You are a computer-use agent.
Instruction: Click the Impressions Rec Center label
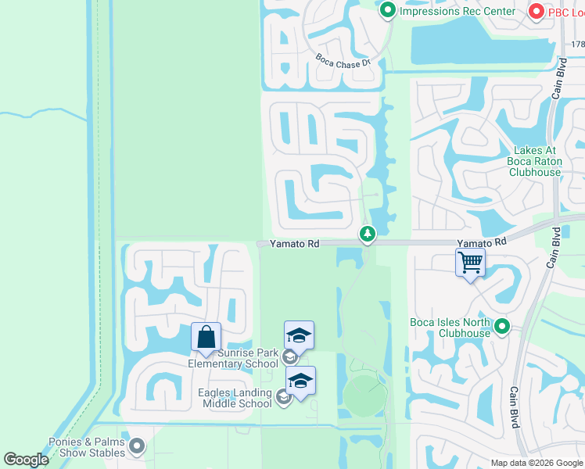pos(458,11)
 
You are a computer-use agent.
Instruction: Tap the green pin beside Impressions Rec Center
pos(388,11)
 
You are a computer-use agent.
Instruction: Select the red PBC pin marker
pos(537,11)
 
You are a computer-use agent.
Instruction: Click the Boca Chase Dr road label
pos(342,60)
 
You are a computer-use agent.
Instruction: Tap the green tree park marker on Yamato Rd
pos(367,233)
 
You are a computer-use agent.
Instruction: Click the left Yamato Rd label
pos(294,244)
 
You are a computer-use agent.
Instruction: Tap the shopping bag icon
pos(206,337)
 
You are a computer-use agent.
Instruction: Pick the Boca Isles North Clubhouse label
pos(450,328)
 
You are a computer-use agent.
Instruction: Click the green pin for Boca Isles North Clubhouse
pos(502,326)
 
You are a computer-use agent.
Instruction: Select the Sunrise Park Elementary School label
pos(233,358)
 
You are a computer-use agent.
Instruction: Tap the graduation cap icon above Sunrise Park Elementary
pos(299,335)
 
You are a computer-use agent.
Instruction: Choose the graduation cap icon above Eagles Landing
pos(300,380)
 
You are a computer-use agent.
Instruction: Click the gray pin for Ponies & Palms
pos(137,446)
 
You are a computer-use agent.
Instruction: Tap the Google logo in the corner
pos(26,460)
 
